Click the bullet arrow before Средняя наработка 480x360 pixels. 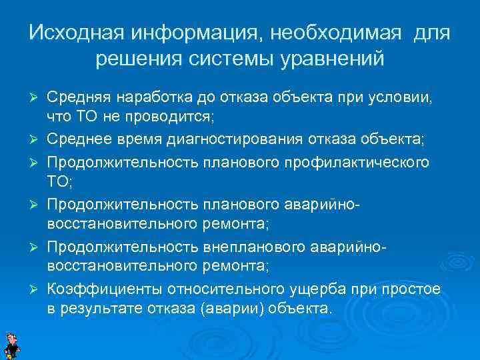tap(37, 98)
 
